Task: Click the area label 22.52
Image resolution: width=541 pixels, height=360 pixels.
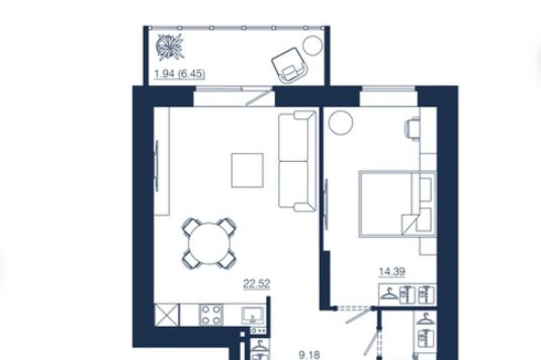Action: pyautogui.click(x=257, y=284)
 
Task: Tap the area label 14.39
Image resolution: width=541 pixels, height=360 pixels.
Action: pyautogui.click(x=392, y=272)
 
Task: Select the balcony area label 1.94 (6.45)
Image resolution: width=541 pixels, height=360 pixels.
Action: pyautogui.click(x=180, y=73)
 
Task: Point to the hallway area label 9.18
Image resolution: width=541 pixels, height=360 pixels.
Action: pyautogui.click(x=309, y=355)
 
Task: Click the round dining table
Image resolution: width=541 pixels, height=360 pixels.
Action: pyautogui.click(x=209, y=244)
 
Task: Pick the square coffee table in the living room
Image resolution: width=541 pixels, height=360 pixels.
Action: pyautogui.click(x=247, y=170)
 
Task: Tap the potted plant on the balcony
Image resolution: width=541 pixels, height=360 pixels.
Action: pyautogui.click(x=170, y=47)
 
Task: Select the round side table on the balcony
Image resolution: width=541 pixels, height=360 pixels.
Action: pyautogui.click(x=313, y=45)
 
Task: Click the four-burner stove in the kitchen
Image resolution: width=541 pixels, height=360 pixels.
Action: pyautogui.click(x=211, y=315)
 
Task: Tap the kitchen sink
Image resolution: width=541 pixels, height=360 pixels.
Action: pyautogui.click(x=253, y=316)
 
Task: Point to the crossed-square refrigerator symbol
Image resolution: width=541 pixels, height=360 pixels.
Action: pyautogui.click(x=167, y=315)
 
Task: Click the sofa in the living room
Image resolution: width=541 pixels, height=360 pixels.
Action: pyautogui.click(x=297, y=161)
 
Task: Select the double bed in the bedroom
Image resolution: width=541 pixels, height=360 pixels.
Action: pyautogui.click(x=397, y=204)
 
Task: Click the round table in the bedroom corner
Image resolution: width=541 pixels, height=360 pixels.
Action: pyautogui.click(x=341, y=123)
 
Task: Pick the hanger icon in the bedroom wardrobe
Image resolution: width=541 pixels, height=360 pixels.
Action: pyautogui.click(x=389, y=294)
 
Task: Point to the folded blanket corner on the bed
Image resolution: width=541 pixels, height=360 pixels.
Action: pyautogui.click(x=409, y=223)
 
